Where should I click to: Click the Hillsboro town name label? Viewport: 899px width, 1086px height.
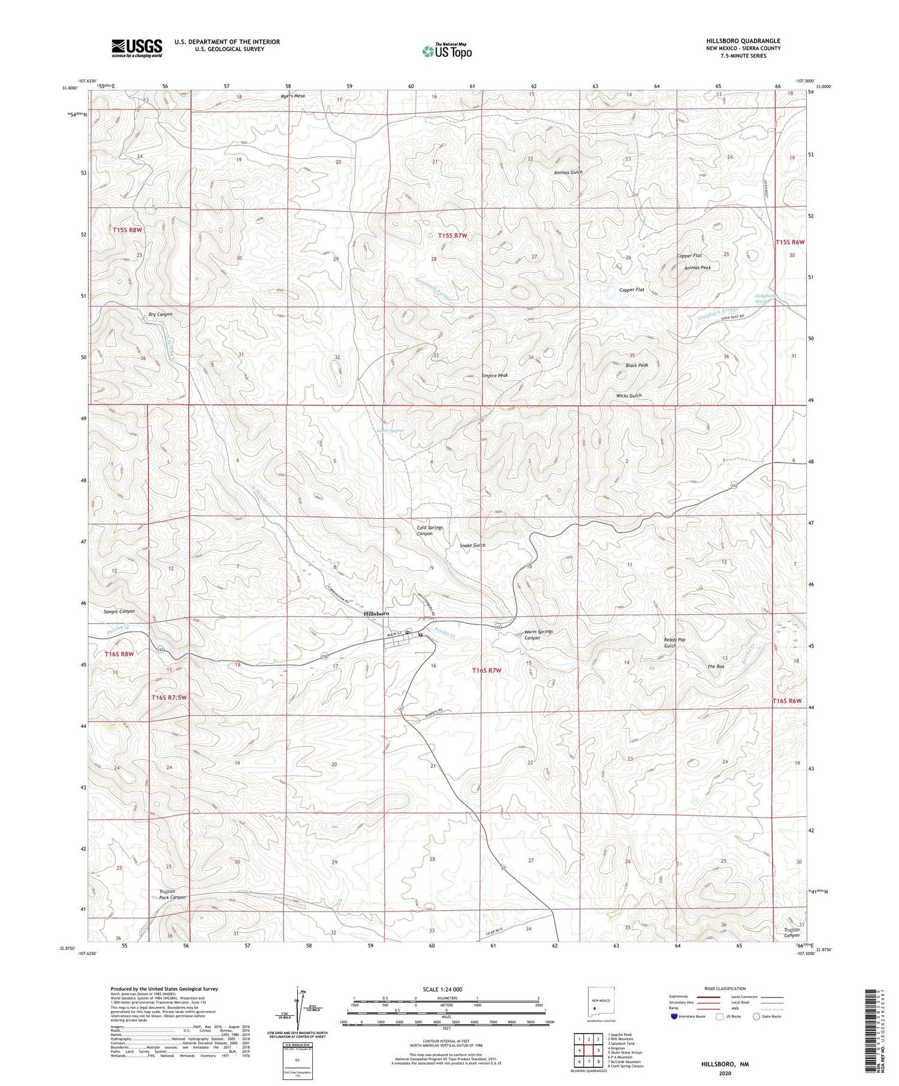click(x=376, y=613)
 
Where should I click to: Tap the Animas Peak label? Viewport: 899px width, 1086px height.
click(x=698, y=268)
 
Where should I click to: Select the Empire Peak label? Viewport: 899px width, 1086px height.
click(x=494, y=376)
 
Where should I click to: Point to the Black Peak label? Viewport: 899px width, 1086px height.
click(x=636, y=365)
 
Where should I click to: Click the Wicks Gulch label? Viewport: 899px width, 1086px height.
click(x=629, y=395)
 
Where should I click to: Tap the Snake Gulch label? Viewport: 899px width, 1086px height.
click(x=472, y=545)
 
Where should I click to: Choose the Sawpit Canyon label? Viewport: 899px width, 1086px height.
click(x=119, y=612)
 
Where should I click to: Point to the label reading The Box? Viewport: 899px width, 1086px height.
click(x=716, y=666)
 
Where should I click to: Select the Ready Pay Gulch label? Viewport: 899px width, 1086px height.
click(x=674, y=643)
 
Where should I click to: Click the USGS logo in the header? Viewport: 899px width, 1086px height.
click(x=136, y=48)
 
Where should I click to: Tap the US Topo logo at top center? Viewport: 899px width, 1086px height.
click(x=447, y=51)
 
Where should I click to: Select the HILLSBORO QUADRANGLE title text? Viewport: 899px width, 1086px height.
click(x=743, y=41)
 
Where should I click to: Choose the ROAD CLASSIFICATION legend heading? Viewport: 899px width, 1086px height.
click(x=725, y=988)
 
